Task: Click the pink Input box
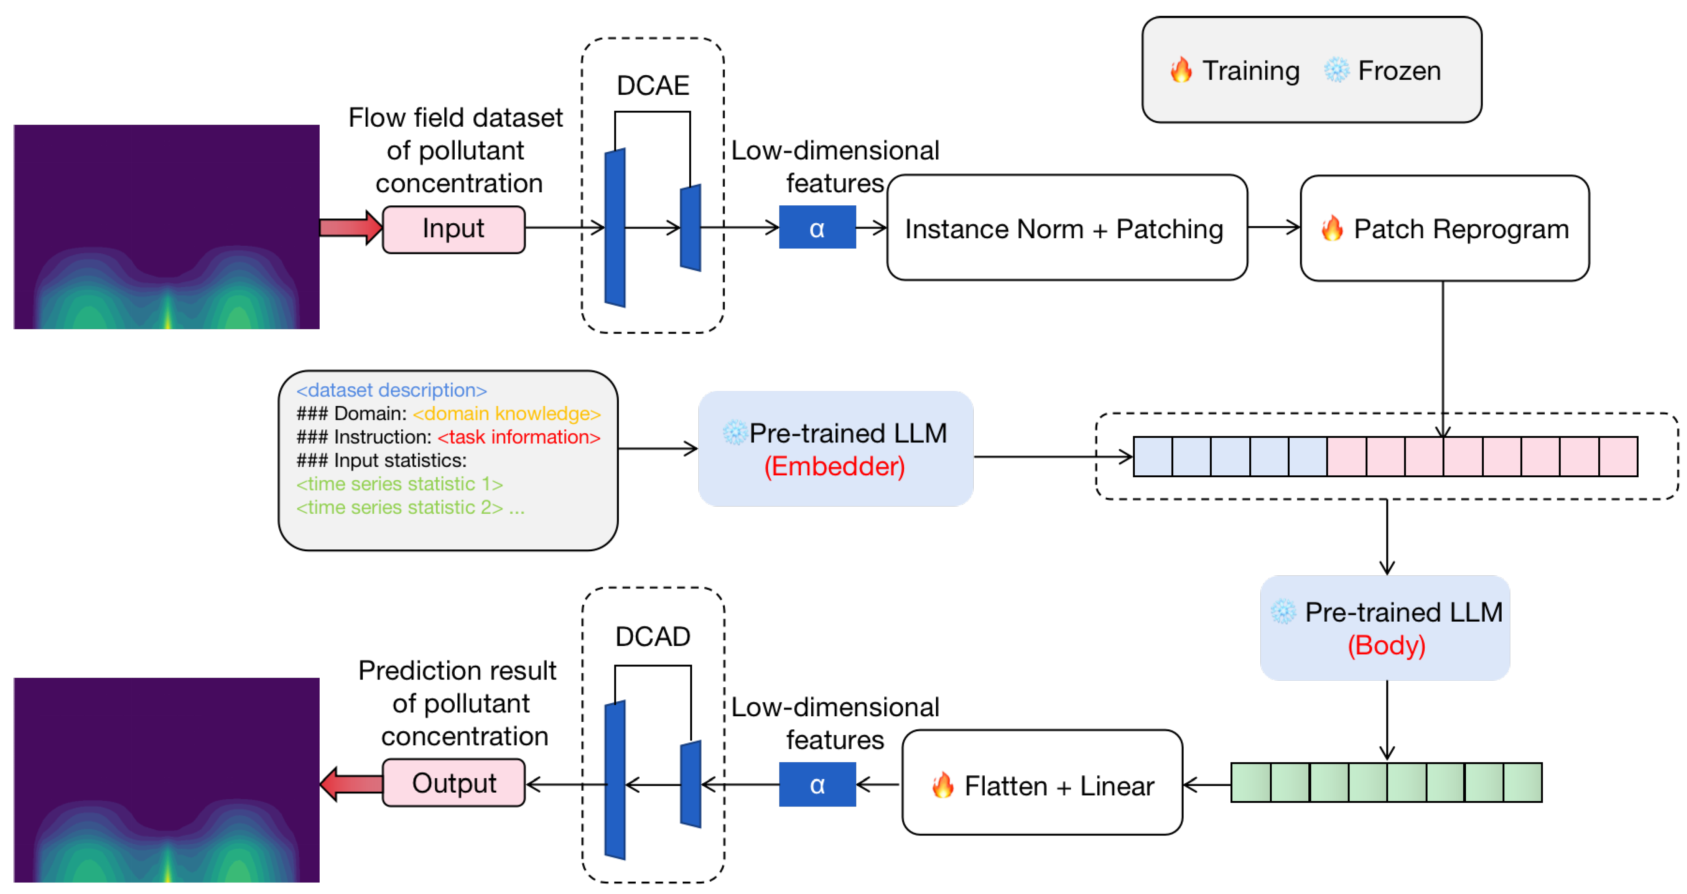453,229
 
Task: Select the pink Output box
453,783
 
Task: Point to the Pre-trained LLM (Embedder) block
835,449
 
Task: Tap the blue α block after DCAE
817,228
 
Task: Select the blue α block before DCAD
817,784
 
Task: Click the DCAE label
653,86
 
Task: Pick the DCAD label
653,636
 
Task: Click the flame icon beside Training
1182,70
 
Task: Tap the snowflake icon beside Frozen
1336,70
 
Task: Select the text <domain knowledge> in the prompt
506,414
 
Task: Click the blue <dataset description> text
392,390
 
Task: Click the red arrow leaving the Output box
352,784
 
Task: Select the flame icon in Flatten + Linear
943,785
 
